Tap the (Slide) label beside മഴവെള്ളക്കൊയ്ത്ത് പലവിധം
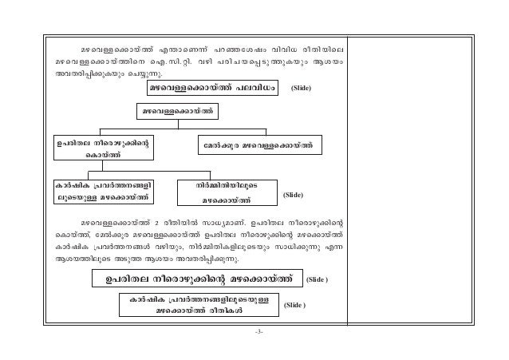point(306,87)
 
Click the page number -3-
point(254,332)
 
